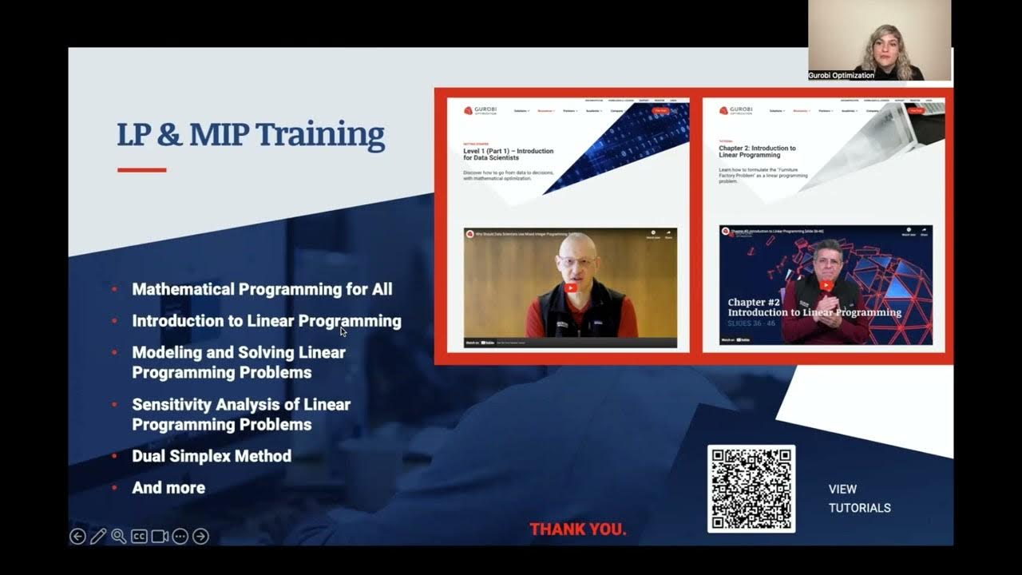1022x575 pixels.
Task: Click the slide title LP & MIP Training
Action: [x=251, y=135]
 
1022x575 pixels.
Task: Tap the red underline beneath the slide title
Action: [x=141, y=170]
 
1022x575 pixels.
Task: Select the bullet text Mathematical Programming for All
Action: [x=262, y=289]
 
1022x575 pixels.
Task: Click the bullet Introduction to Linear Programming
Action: [x=266, y=321]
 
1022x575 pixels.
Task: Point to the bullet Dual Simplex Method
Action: [x=212, y=456]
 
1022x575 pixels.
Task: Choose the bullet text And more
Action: [x=168, y=488]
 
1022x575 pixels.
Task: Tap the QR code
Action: [x=751, y=489]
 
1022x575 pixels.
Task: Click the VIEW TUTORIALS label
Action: [x=859, y=498]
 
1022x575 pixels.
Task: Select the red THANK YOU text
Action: [x=578, y=529]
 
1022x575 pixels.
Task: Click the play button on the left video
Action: [x=570, y=288]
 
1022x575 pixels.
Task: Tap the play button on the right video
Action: [x=826, y=285]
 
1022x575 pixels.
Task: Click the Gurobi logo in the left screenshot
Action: [x=480, y=111]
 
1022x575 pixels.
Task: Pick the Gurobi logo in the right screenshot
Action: [x=735, y=111]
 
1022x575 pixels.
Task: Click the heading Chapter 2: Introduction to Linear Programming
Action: [x=757, y=152]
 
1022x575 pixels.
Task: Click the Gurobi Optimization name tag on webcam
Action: [x=842, y=75]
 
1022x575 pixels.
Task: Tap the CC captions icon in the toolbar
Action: [x=139, y=537]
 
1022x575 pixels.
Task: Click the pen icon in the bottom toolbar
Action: [x=98, y=537]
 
